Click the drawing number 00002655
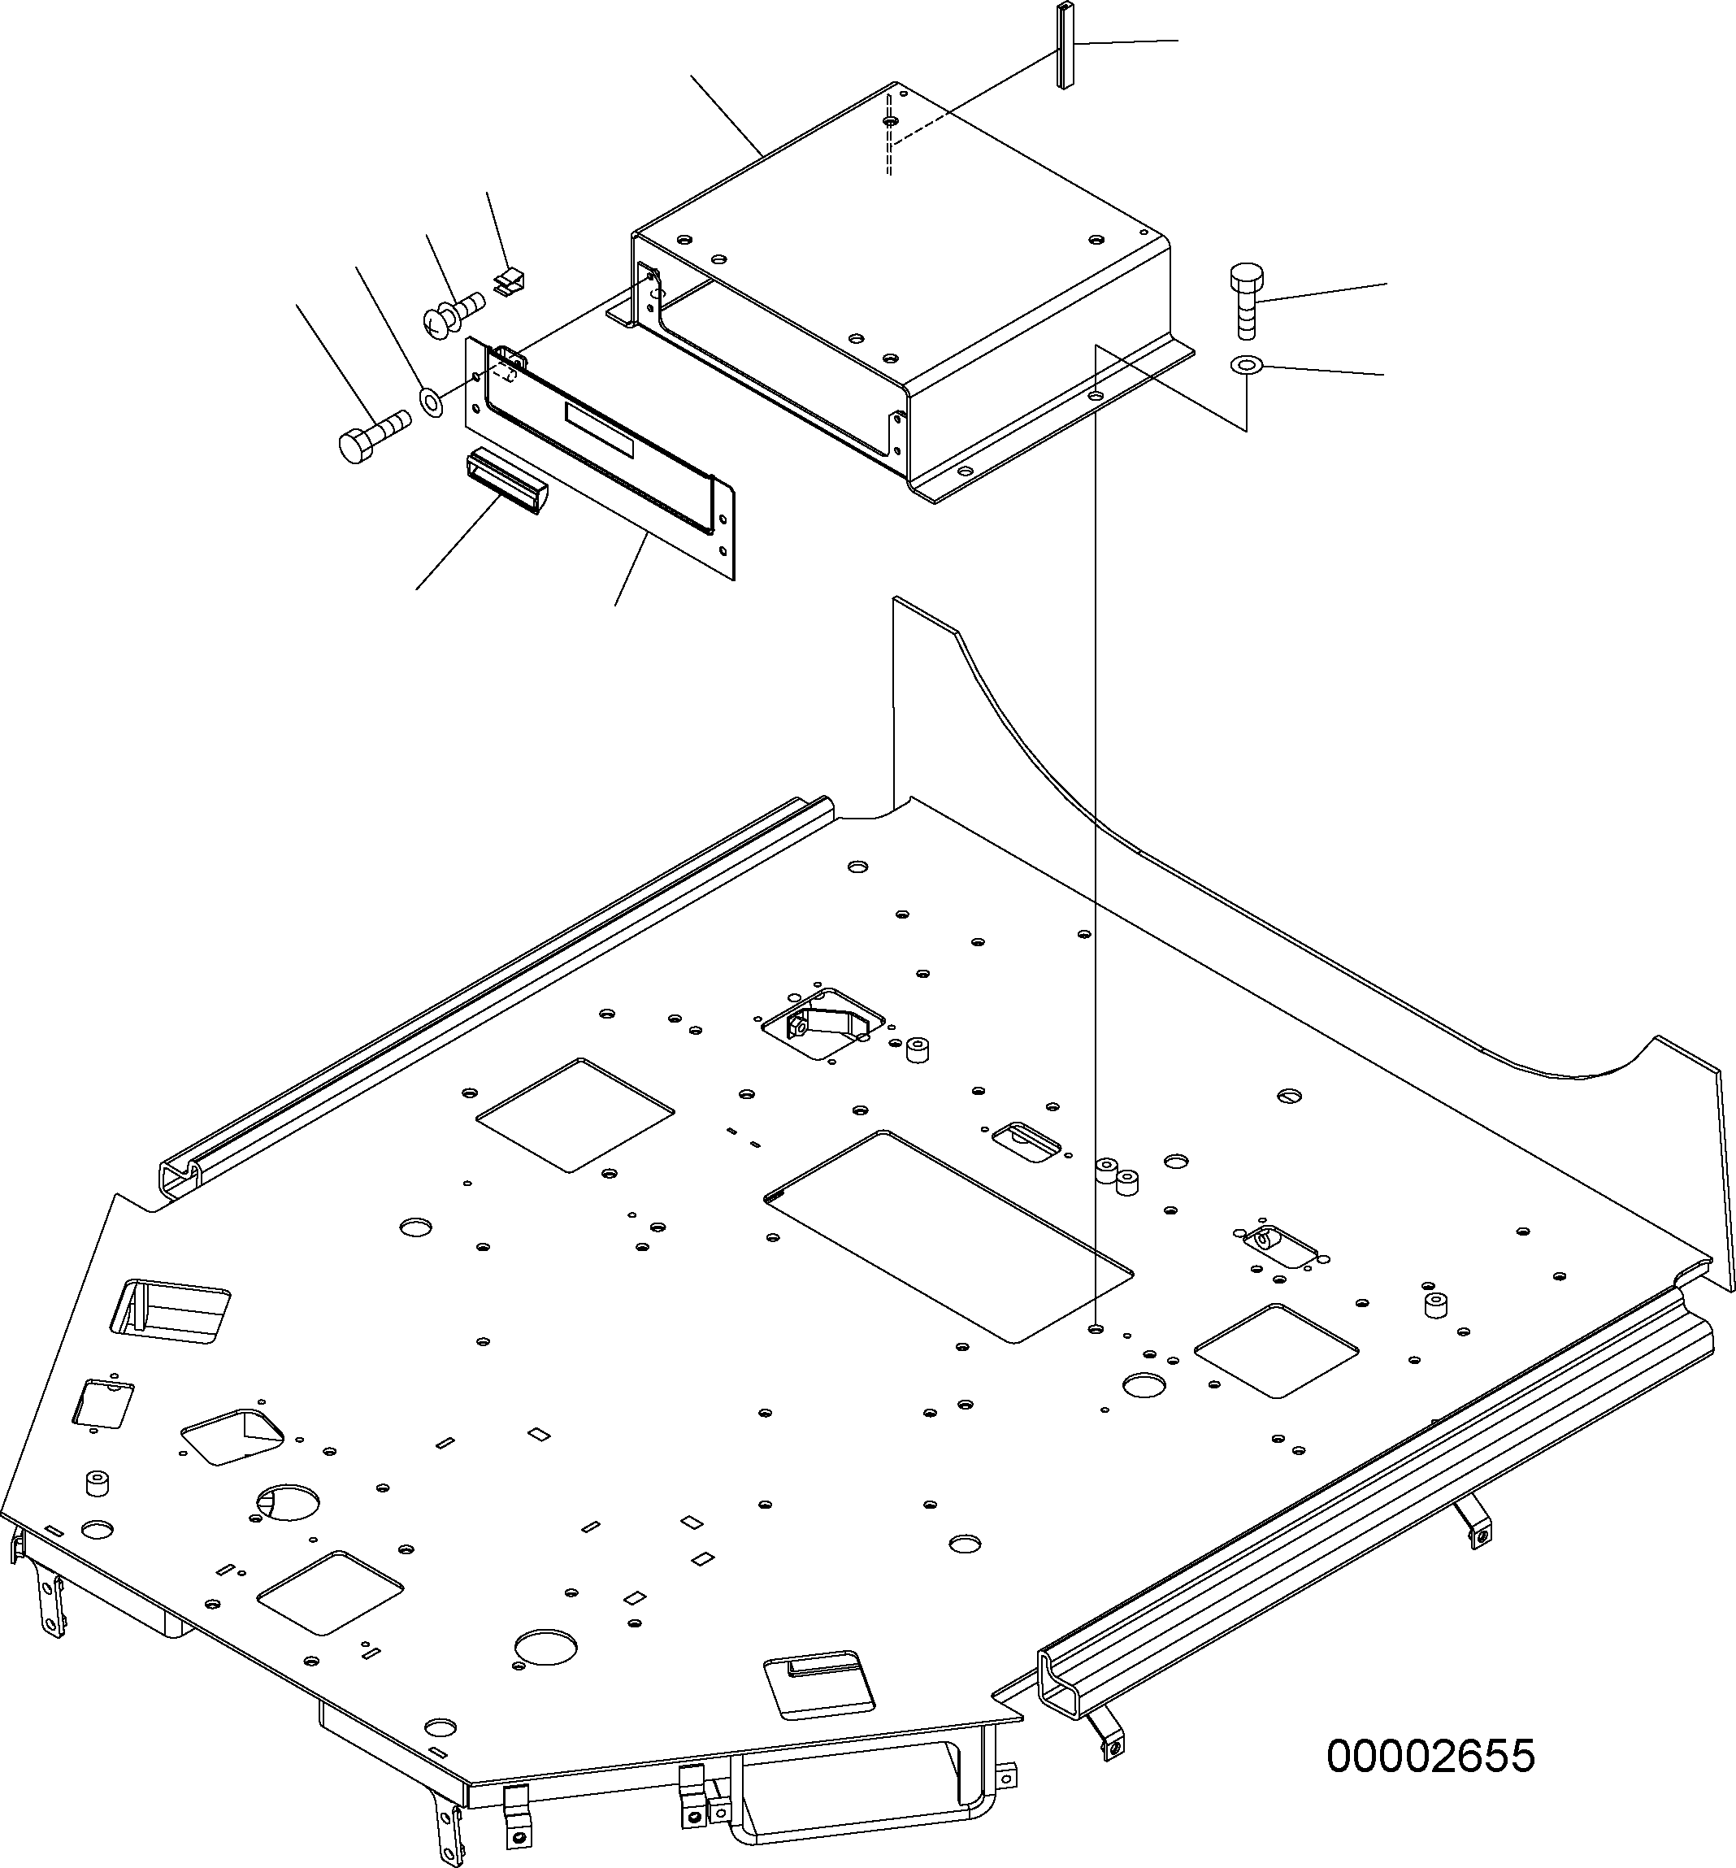click(x=1430, y=1755)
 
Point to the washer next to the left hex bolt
click(x=432, y=402)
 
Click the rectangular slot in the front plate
click(x=599, y=430)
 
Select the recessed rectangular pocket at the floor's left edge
click(x=170, y=1310)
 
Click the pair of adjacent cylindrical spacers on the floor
click(x=1116, y=1175)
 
